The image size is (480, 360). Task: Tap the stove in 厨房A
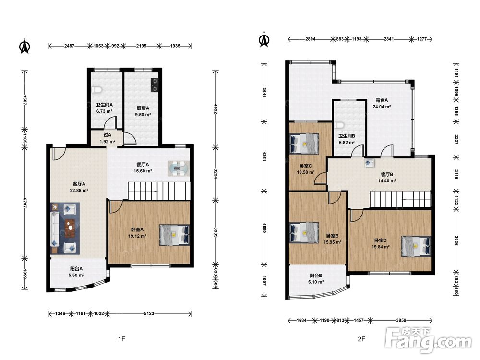coord(155,85)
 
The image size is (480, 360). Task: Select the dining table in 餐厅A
coord(178,168)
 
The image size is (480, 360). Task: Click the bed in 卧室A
coord(174,235)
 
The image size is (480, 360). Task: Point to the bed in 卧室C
coord(304,143)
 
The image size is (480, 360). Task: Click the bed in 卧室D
coord(416,246)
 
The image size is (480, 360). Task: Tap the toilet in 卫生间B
coord(340,125)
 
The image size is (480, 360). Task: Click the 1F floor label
coord(121,339)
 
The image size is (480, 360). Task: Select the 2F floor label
coord(361,339)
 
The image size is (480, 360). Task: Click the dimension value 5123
coord(149,313)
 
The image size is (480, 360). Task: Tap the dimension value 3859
coord(401,320)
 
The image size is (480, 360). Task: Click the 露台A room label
coord(382,100)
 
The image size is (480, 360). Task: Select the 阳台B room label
coord(316,276)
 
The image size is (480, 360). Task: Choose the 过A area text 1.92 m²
coord(108,142)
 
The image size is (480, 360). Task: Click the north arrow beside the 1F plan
coord(24,46)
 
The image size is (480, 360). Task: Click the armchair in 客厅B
coord(369,163)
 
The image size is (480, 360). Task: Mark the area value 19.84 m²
coord(381,247)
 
